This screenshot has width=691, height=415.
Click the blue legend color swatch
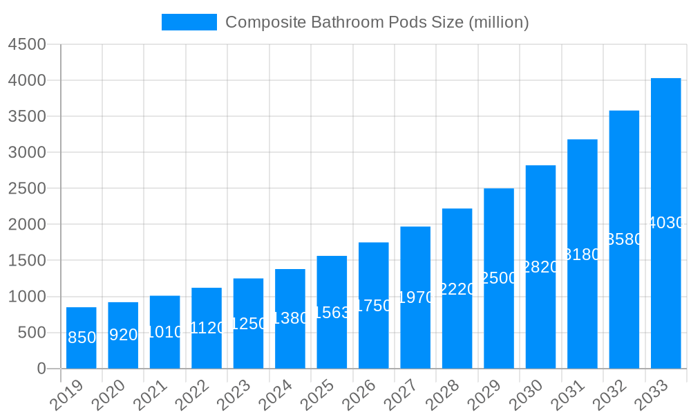tap(189, 22)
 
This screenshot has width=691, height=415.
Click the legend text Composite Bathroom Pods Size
tap(377, 22)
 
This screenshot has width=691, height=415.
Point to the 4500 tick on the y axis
tap(27, 44)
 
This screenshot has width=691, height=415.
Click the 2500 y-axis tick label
tap(27, 188)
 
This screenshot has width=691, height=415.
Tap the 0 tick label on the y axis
tap(41, 369)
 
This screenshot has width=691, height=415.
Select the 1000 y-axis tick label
tap(27, 297)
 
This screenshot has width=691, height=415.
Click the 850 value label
tap(82, 338)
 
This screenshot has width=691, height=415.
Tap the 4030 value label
tap(666, 223)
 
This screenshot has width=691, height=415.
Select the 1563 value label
tap(332, 312)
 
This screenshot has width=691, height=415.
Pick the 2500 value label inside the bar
tap(499, 278)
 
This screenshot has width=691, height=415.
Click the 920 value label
tap(124, 335)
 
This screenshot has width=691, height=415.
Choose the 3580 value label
tap(624, 239)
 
